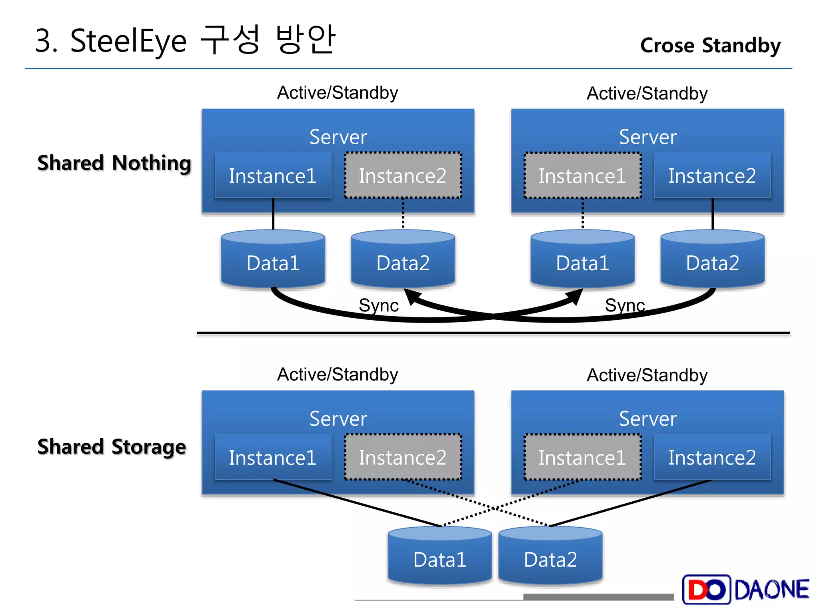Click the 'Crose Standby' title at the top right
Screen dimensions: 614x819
pos(710,45)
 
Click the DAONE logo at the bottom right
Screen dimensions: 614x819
pos(745,589)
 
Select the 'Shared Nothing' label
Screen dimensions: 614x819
pos(114,163)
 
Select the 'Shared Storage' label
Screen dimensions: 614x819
pos(112,447)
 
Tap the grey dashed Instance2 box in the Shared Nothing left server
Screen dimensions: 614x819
pos(403,175)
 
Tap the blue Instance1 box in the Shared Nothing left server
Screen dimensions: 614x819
pos(273,175)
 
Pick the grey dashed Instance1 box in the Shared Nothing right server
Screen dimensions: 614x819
pos(582,175)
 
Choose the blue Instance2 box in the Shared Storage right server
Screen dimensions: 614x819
pos(712,457)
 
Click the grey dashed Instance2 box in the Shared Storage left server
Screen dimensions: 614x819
pos(403,457)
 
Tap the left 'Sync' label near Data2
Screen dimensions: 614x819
pos(378,305)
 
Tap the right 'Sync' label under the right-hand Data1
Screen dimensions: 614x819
pos(625,305)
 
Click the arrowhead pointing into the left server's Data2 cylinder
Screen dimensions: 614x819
pos(412,297)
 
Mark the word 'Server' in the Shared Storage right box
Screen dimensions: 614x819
pos(647,419)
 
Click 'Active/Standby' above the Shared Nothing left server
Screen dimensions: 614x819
pos(338,93)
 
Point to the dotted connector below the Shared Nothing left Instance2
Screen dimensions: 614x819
pos(403,214)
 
